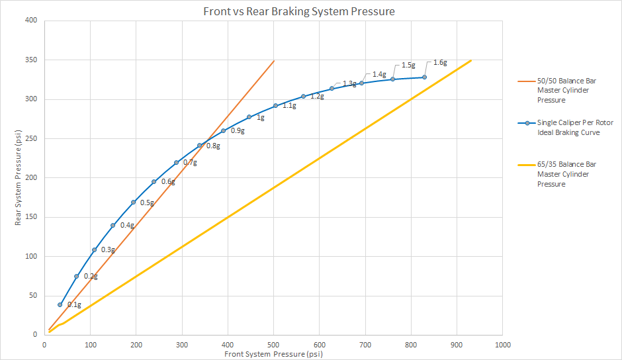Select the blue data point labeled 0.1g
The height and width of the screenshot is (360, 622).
[x=60, y=304]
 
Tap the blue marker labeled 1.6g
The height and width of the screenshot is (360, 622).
[x=424, y=77]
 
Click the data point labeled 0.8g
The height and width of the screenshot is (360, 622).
[x=199, y=146]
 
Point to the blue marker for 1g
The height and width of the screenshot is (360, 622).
[x=249, y=117]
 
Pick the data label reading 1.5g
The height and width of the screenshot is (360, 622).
[x=408, y=66]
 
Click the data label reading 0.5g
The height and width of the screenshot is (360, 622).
[x=147, y=202]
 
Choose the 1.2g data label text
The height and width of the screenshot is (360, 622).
[x=317, y=97]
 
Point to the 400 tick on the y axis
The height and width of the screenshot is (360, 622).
[x=31, y=21]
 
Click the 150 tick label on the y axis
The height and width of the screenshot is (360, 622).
[x=31, y=217]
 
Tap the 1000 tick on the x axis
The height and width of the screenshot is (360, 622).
[x=502, y=345]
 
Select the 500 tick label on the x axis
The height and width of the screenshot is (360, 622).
[x=273, y=345]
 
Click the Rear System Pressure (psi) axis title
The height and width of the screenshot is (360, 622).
[x=20, y=178]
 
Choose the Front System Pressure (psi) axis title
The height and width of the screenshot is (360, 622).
[x=273, y=355]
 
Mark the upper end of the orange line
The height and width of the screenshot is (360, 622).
[x=274, y=60]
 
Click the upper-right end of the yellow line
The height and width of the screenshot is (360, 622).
[x=471, y=60]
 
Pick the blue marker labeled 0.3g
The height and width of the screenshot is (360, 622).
[x=94, y=250]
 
